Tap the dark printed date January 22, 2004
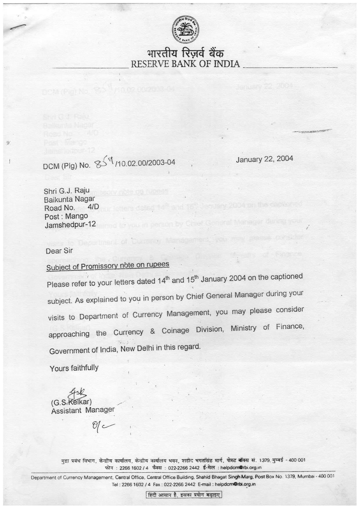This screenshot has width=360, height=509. pyautogui.click(x=264, y=159)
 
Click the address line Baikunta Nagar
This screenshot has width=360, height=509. pyautogui.click(x=69, y=199)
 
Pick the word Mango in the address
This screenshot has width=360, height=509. pyautogui.click(x=76, y=216)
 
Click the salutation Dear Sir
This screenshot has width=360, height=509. pyautogui.click(x=59, y=251)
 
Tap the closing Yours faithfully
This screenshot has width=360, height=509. pyautogui.click(x=74, y=368)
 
